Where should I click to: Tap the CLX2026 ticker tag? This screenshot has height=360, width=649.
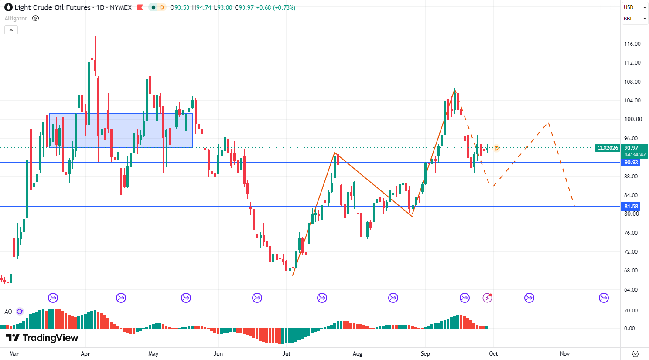tap(608, 148)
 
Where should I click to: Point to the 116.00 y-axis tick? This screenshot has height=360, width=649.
tap(632, 44)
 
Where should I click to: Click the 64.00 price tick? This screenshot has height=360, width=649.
tap(632, 290)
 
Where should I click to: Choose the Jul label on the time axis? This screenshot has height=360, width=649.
tap(286, 353)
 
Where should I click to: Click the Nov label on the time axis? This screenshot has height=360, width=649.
tap(565, 353)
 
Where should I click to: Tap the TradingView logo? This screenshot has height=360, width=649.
tap(42, 338)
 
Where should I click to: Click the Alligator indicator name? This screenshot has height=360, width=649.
tap(16, 19)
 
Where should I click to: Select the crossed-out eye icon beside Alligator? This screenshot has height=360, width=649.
tap(35, 18)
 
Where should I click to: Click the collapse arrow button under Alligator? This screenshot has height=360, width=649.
tap(11, 30)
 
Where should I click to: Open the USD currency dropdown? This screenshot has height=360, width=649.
tap(635, 7)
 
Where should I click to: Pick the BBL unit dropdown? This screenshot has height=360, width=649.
tap(635, 19)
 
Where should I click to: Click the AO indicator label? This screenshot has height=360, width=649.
tap(8, 312)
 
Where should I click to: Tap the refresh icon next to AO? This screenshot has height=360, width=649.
tap(20, 312)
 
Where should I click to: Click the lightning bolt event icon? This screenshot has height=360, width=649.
tap(487, 298)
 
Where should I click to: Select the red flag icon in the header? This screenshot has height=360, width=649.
tap(140, 7)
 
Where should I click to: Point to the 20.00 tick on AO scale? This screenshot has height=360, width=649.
tap(631, 311)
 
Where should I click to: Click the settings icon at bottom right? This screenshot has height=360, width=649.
tap(635, 353)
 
